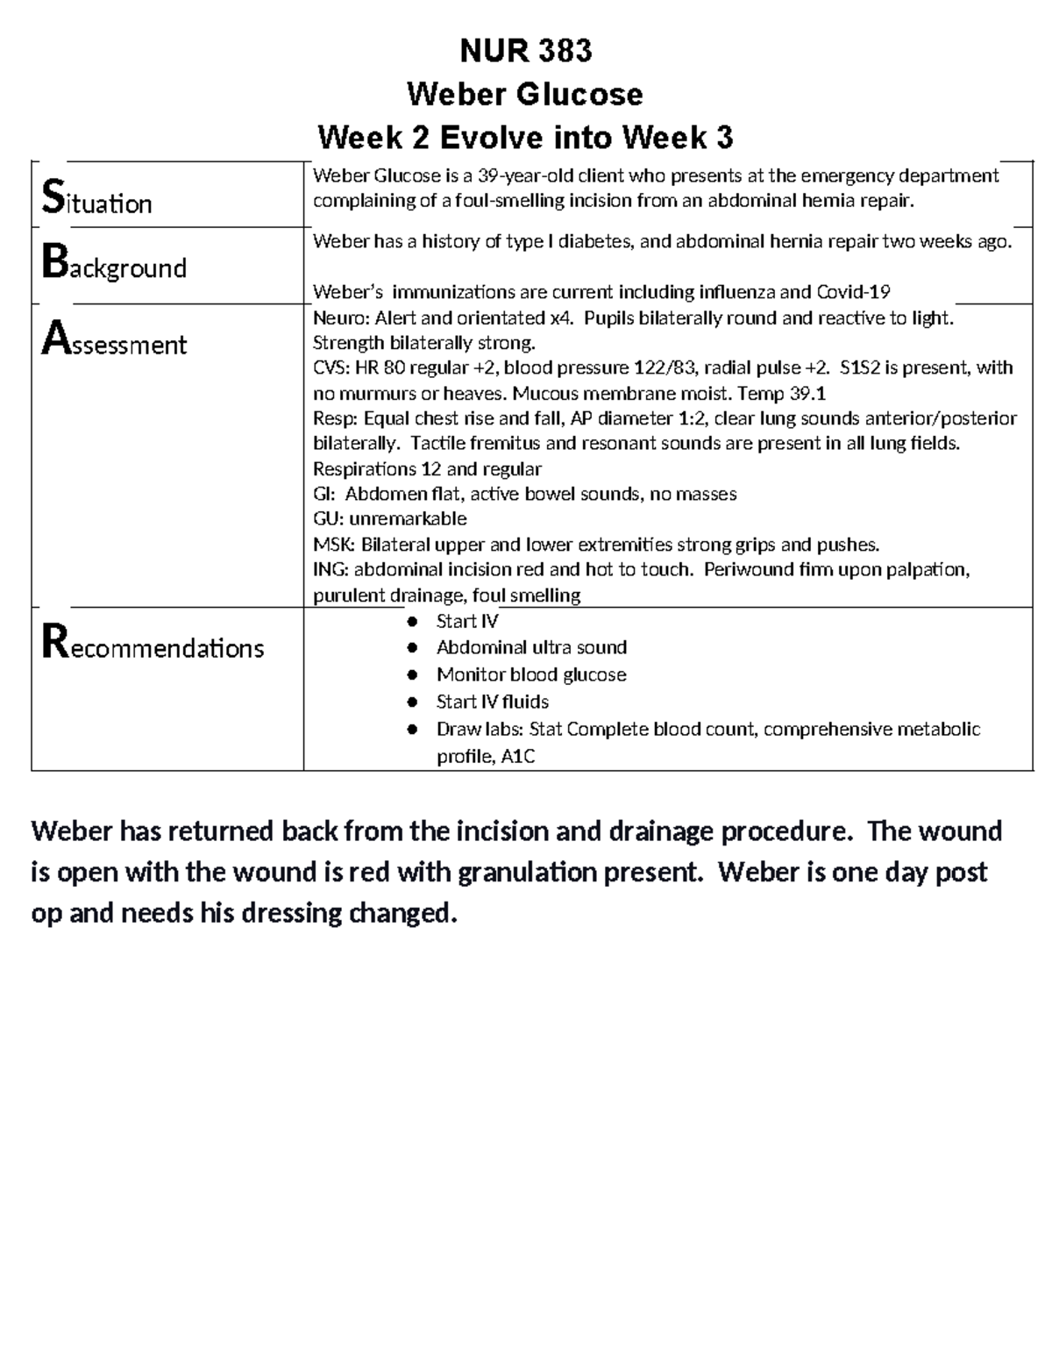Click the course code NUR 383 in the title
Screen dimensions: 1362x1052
coord(526,52)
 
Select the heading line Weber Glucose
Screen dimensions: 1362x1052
coord(526,94)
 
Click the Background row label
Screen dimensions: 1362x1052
coord(115,265)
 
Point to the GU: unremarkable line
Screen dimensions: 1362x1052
coord(390,518)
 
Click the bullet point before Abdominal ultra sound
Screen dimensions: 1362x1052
coord(412,648)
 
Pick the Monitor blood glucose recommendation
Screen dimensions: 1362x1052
coord(531,674)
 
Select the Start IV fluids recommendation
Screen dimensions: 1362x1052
coord(493,702)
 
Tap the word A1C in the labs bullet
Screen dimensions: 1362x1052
coord(517,756)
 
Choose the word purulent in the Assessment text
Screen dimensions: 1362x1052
coord(350,595)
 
